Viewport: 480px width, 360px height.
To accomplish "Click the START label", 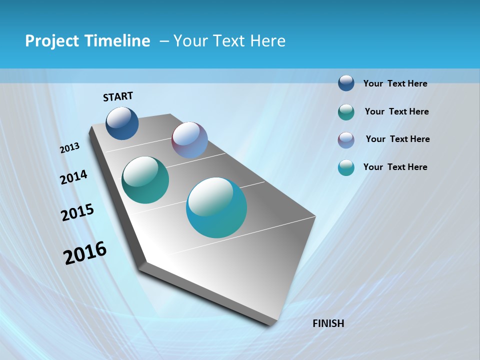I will point(118,96).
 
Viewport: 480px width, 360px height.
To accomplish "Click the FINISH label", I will point(328,323).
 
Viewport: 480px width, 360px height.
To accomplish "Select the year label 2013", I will point(70,147).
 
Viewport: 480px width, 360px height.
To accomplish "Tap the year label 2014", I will point(74,177).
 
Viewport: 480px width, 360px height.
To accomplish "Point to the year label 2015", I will point(77,212).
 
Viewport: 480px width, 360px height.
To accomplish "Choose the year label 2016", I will point(85,252).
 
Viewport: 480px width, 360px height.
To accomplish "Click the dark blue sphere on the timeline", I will point(122,123).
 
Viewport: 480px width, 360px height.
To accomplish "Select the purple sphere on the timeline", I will point(189,140).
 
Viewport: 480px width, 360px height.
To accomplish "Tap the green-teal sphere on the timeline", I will point(145,180).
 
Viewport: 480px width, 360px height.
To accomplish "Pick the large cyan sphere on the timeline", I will point(216,207).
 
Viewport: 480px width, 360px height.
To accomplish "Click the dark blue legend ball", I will point(346,83).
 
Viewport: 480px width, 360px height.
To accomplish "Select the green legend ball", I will point(346,112).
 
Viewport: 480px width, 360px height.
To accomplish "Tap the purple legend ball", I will point(346,140).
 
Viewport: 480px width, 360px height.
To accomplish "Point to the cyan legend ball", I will point(346,167).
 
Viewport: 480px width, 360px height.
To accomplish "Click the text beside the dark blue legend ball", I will point(395,83).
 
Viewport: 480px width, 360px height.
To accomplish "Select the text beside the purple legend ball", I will point(397,139).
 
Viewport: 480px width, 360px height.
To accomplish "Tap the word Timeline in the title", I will point(120,41).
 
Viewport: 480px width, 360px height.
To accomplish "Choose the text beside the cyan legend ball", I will point(395,167).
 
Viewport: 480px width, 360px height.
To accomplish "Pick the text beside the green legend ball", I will point(396,111).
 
